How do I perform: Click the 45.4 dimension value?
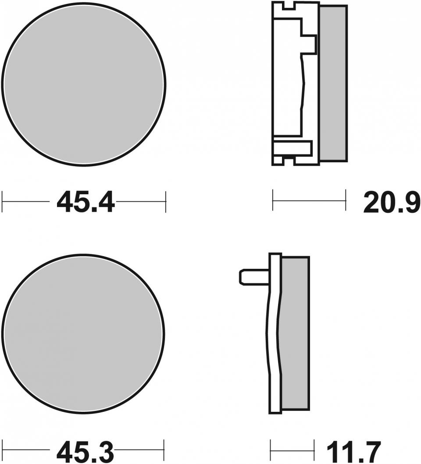(85, 202)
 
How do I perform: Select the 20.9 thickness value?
(392, 202)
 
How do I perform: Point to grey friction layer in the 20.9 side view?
(334, 83)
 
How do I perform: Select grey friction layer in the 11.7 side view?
(295, 333)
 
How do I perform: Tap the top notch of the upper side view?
(289, 5)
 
